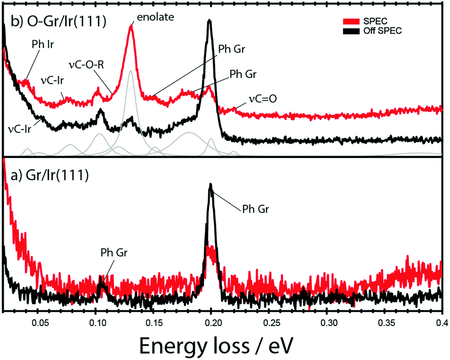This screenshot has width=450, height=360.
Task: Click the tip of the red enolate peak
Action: (x=131, y=26)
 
